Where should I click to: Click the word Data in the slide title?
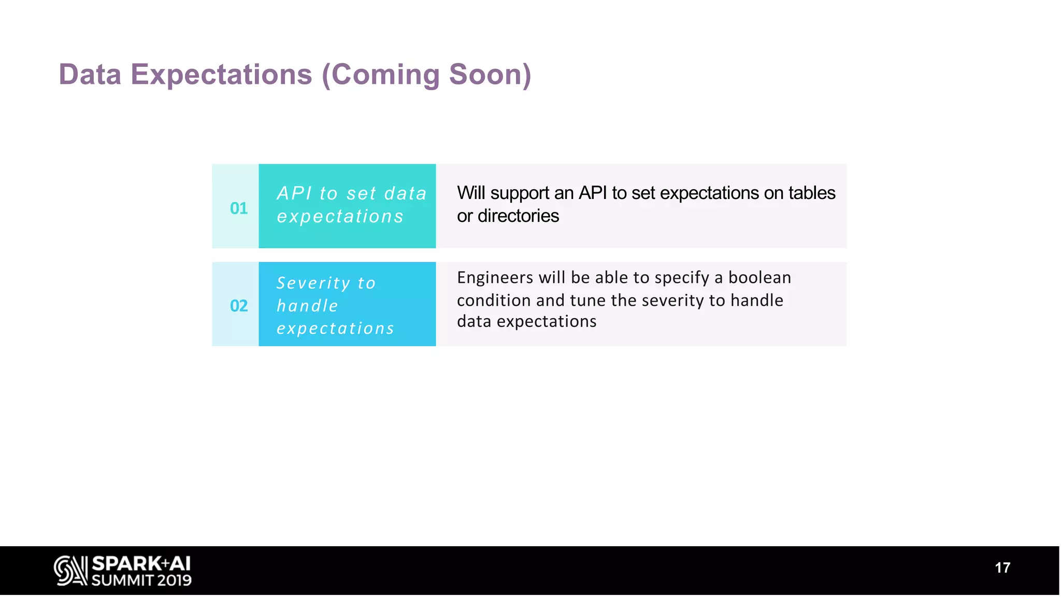[90, 74]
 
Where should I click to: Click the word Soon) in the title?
[490, 74]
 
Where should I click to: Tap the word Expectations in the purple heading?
[221, 74]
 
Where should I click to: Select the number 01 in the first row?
[239, 208]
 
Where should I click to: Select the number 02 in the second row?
[239, 306]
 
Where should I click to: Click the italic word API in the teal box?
[294, 193]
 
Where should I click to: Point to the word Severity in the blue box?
[313, 283]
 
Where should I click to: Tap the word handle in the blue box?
[307, 306]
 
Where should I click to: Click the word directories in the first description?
[518, 216]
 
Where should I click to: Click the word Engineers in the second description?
[495, 278]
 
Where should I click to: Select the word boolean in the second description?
[759, 278]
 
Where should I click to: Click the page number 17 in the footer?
[1002, 568]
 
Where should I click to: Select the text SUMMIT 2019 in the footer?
[141, 580]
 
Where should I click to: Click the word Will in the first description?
[471, 193]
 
